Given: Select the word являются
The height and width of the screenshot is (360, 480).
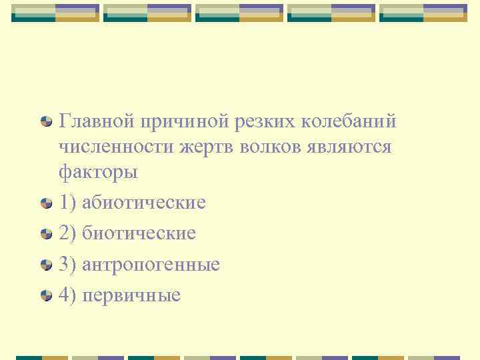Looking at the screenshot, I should tap(355, 147).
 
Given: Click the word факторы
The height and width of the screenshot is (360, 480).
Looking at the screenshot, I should tap(98, 172).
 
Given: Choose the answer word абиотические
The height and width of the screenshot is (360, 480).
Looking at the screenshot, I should tap(143, 202).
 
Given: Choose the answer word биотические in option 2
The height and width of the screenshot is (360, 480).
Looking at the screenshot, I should tap(139, 233).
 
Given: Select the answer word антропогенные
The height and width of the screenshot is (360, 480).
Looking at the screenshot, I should tap(151, 265).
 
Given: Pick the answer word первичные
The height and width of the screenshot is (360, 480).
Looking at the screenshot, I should tap(131, 295).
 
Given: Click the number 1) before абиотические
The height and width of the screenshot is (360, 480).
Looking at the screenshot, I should tap(67, 202).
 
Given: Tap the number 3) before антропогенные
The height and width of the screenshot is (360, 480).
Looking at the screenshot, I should tap(67, 265).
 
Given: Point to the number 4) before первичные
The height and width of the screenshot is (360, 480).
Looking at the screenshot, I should tap(67, 295).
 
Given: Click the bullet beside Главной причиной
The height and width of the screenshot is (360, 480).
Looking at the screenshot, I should tap(46, 122).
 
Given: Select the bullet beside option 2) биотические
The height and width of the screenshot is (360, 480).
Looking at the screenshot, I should tap(46, 234).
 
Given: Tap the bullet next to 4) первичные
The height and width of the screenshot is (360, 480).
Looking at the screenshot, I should tap(46, 295).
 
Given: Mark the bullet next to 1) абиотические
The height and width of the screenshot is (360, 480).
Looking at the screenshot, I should tap(46, 203).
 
